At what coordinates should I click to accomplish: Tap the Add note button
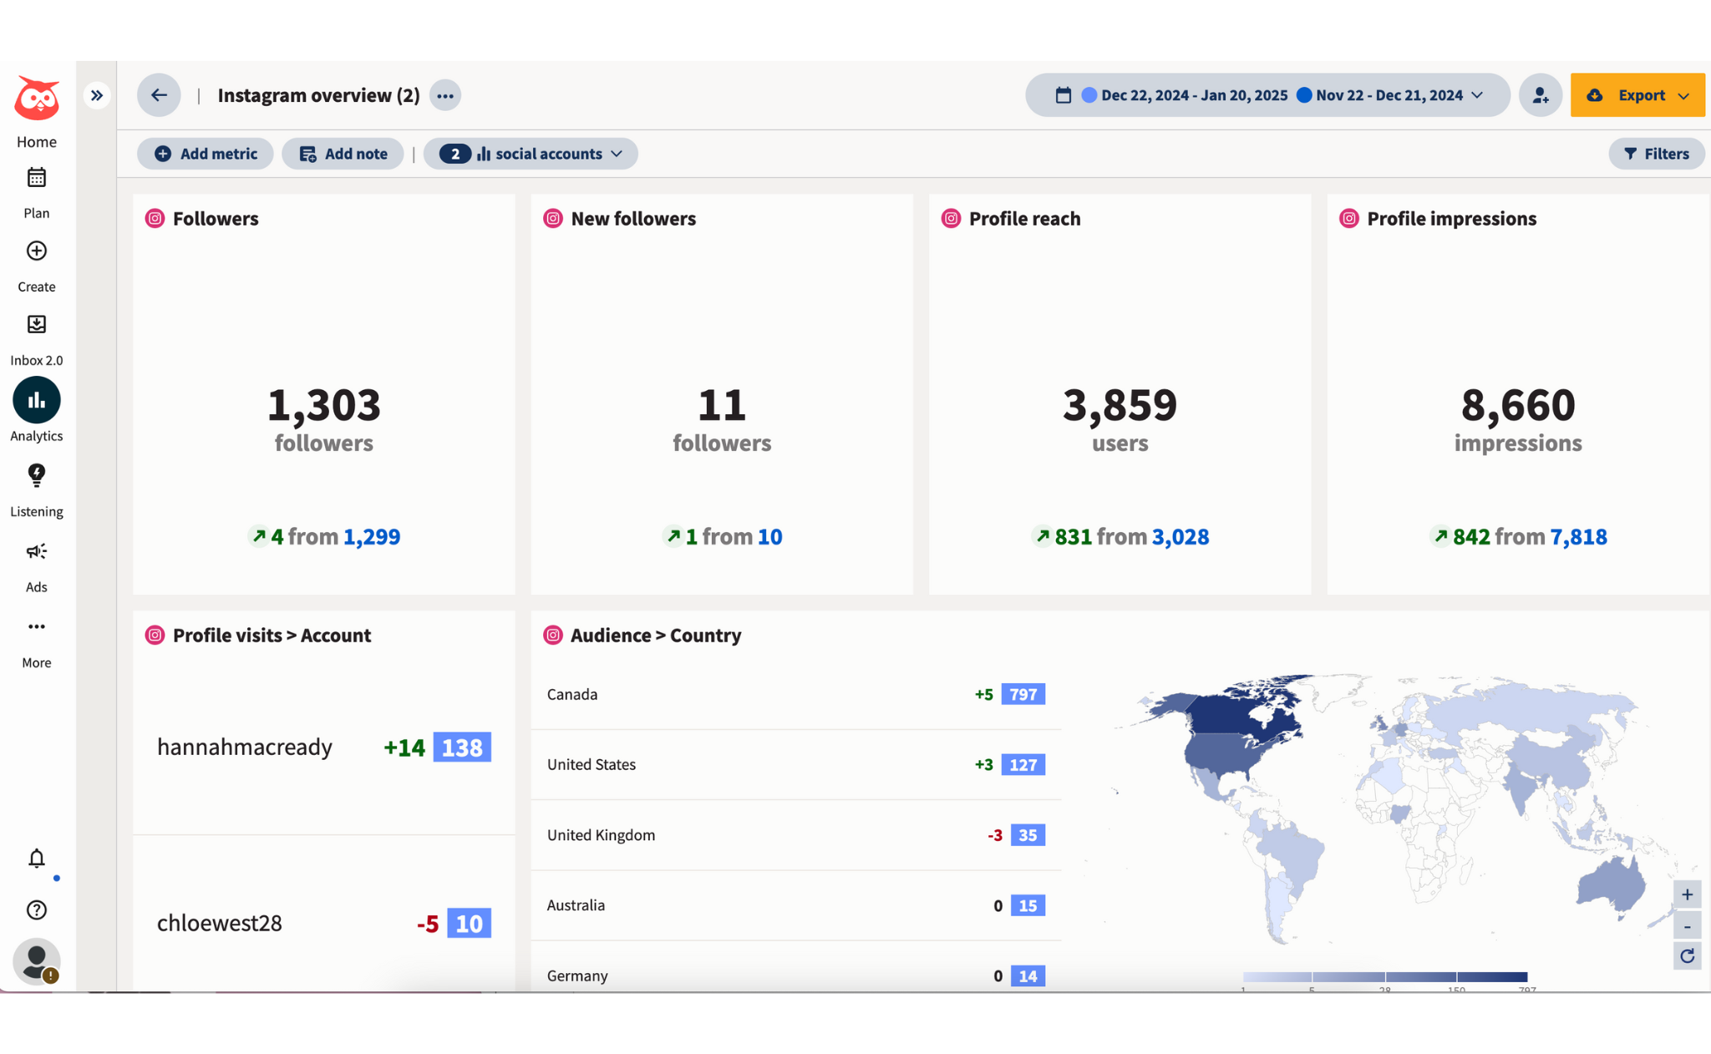343,154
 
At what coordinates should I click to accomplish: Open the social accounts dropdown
531,154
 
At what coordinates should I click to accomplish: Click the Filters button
1656,154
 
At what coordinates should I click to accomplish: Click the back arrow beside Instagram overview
159,95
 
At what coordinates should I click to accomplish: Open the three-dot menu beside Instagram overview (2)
445,95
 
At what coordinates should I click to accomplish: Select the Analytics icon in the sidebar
37,401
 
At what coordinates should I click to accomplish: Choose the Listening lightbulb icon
37,475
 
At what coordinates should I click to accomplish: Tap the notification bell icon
37,859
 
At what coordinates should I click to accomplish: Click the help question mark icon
37,910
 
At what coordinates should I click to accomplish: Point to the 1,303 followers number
324,405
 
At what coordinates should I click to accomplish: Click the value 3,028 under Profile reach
1180,536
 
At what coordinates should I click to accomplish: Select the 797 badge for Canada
1023,694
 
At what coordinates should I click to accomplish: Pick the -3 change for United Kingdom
994,835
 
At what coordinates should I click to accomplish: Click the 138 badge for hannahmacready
462,747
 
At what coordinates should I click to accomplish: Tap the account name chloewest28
220,923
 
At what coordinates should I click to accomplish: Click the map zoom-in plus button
1687,894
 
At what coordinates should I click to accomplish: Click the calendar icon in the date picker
1063,95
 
